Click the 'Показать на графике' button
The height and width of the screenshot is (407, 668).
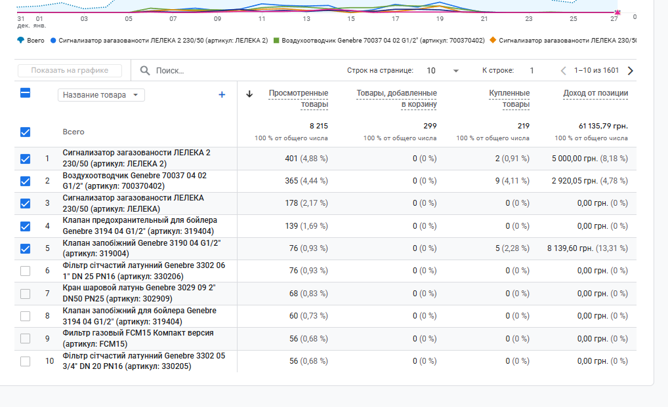70,71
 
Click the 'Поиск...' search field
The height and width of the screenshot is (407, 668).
197,71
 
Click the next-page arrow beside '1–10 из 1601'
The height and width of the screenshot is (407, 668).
631,71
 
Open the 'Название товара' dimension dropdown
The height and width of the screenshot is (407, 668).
102,95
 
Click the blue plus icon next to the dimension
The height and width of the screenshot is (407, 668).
222,95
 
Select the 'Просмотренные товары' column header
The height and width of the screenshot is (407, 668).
298,98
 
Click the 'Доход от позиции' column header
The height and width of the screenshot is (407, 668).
595,93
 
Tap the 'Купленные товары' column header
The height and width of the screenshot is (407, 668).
509,98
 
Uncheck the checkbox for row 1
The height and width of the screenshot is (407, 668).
26,159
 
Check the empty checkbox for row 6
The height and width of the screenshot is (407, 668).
26,271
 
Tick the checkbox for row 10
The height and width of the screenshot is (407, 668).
26,361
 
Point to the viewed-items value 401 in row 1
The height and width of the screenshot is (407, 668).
291,159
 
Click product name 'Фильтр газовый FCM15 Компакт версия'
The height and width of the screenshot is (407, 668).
138,333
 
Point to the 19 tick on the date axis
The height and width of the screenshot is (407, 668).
440,19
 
